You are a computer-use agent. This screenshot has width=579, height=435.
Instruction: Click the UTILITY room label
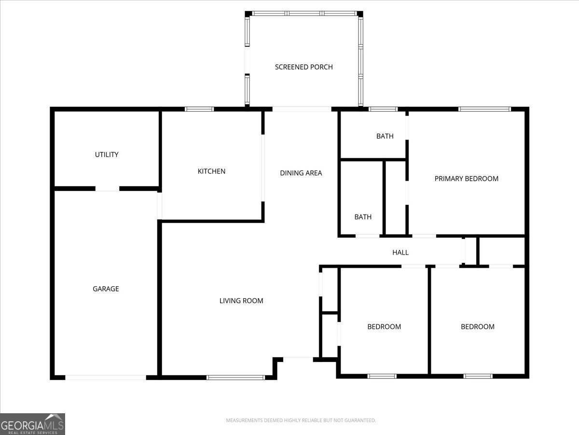107,155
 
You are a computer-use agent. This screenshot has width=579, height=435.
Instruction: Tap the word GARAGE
106,289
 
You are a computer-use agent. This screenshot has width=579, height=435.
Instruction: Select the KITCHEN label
211,171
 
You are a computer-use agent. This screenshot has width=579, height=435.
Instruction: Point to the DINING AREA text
301,173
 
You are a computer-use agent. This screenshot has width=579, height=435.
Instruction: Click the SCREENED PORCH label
303,67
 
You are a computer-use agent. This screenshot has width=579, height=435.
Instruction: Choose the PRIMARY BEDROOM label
466,179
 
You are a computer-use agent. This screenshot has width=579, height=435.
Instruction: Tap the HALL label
400,252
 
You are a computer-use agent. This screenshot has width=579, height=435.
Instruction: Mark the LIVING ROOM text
241,301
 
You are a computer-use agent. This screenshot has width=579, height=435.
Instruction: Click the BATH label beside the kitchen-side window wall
385,136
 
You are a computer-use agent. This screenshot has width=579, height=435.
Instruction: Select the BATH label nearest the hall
363,217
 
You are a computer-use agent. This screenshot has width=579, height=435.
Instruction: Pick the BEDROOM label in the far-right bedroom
477,327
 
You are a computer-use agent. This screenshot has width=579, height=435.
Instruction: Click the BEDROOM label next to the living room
384,327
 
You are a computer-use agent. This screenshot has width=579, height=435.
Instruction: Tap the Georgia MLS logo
32,424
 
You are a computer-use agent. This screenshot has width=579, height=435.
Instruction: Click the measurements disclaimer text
301,420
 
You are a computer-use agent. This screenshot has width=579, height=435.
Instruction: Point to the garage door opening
106,377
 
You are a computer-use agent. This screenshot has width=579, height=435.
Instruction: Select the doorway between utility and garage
107,188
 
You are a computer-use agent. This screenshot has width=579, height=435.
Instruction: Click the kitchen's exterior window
199,109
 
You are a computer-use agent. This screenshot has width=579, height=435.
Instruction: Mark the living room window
235,377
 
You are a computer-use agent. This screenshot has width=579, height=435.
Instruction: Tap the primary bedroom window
484,109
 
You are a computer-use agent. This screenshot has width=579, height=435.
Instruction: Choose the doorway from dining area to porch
302,109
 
